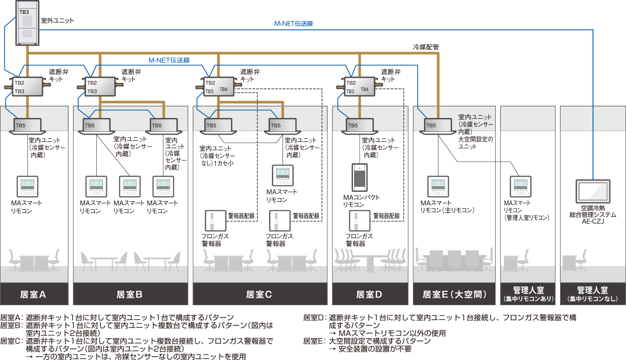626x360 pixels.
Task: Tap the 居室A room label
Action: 34,294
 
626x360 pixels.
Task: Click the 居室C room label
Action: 259,294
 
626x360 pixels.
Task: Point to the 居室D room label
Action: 369,294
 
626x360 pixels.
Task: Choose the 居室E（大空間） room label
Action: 454,294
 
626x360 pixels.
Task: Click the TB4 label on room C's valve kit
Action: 223,89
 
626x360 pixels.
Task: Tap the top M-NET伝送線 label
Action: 293,23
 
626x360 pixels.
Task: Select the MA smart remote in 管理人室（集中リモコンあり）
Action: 517,186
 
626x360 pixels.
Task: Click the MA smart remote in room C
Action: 281,176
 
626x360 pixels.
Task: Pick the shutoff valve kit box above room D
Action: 359,87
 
